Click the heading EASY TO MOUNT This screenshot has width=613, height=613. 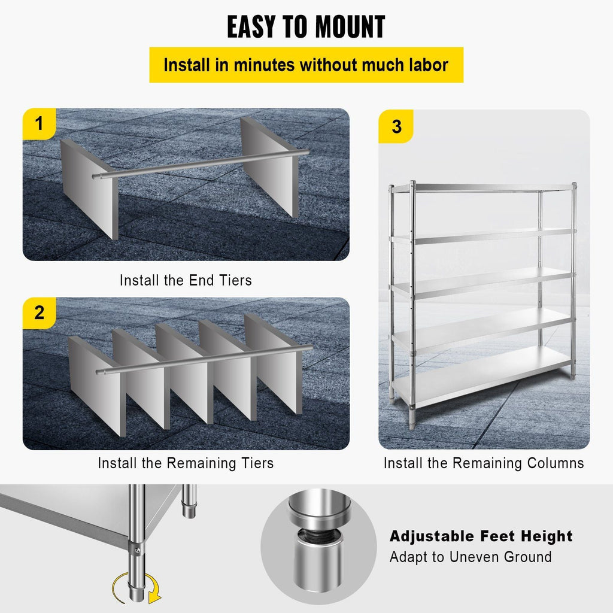coord(306,27)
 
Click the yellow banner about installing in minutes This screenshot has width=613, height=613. coord(306,65)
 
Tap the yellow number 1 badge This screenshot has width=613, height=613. coord(40,125)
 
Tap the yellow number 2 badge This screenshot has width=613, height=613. coord(40,312)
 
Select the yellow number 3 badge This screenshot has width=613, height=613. coord(396,127)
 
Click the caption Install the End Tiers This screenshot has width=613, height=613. coord(186,280)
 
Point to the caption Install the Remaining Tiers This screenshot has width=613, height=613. coord(186,463)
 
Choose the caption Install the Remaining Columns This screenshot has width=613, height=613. coord(484,463)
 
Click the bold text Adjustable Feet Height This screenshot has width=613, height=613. coord(481,536)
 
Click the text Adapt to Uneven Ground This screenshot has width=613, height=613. coord(471,557)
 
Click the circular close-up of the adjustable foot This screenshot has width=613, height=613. coord(318,545)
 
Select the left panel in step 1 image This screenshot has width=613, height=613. coord(88,189)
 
